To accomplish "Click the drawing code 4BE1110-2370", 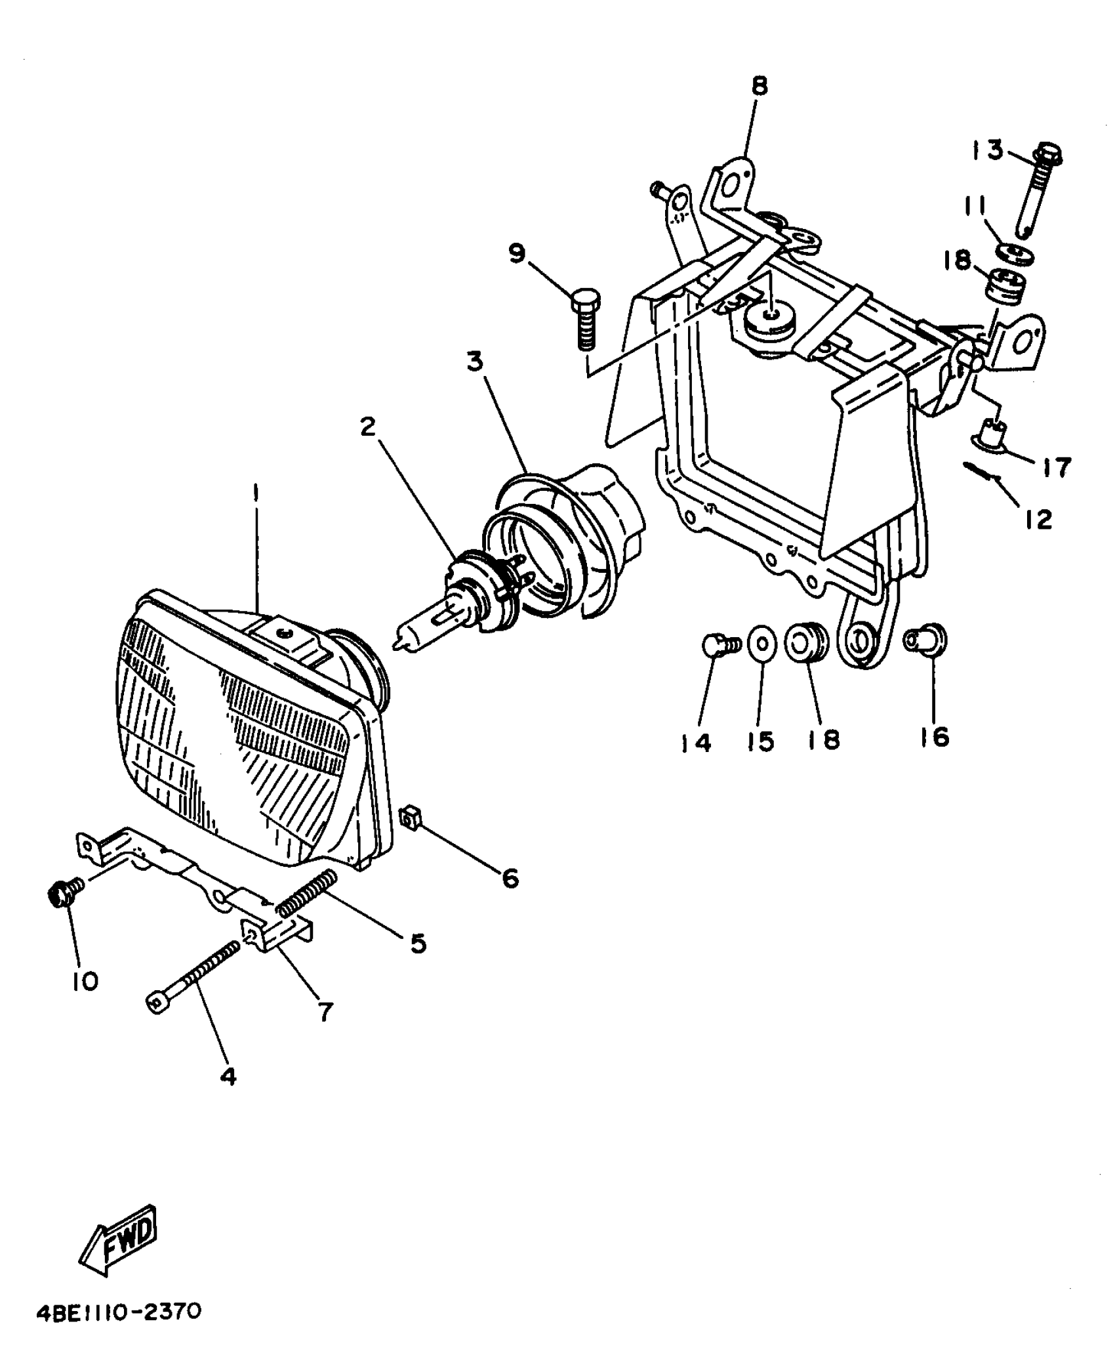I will click(x=118, y=1312).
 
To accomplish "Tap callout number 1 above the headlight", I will click(x=256, y=494).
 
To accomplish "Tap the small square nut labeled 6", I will click(x=409, y=819).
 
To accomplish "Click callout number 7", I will click(x=325, y=1011).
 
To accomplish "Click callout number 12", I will click(x=1038, y=520).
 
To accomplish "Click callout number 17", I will click(x=1055, y=467).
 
